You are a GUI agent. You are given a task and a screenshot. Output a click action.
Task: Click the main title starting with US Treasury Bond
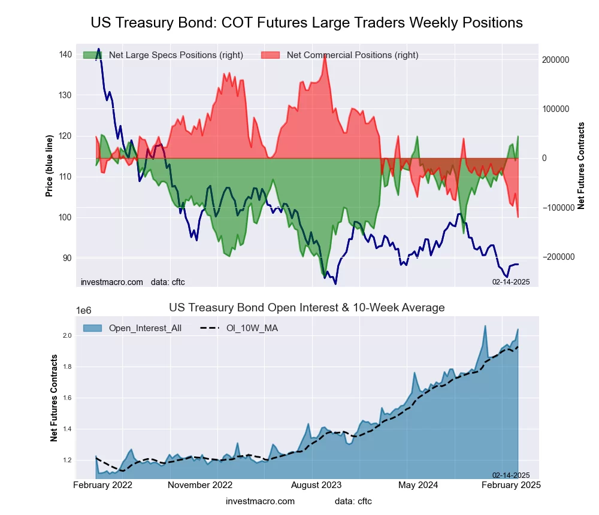tap(307, 23)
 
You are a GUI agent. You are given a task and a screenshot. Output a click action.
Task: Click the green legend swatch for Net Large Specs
tap(93, 55)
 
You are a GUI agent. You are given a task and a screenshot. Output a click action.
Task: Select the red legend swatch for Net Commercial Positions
tap(271, 55)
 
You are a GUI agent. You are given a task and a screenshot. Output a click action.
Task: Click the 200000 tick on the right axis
tap(556, 60)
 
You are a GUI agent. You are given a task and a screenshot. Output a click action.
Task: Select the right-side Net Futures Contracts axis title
tap(581, 165)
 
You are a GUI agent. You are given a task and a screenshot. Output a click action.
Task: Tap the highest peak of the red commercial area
tap(324, 54)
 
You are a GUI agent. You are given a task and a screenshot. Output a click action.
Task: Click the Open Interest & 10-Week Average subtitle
tap(307, 308)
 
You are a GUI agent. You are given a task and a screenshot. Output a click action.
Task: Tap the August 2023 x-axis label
tap(316, 485)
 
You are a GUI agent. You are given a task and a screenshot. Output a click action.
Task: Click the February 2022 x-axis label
tap(103, 485)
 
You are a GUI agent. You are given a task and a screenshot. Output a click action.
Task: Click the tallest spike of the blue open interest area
tap(485, 326)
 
